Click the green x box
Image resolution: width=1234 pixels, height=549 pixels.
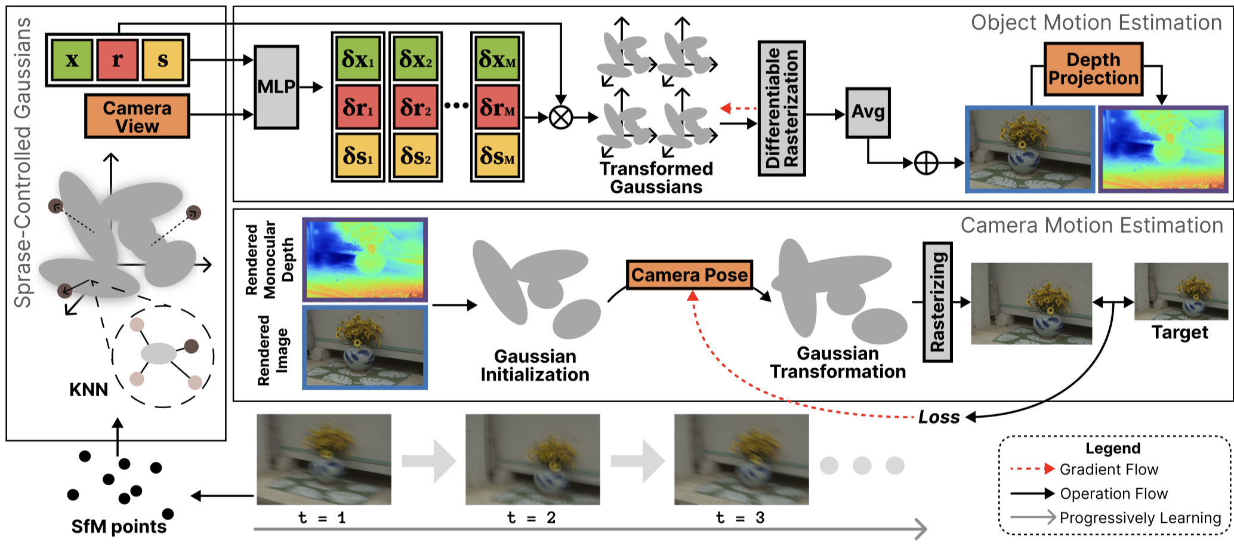pyautogui.click(x=72, y=60)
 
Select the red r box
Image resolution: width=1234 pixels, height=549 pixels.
pyautogui.click(x=118, y=60)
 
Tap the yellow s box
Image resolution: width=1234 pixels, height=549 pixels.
pyautogui.click(x=162, y=60)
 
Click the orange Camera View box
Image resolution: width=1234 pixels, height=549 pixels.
pyautogui.click(x=137, y=116)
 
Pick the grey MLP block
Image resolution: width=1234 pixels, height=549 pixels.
pyautogui.click(x=276, y=87)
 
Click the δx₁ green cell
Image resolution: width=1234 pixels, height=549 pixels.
pyautogui.click(x=358, y=59)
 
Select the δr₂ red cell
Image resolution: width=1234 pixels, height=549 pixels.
pyautogui.click(x=416, y=107)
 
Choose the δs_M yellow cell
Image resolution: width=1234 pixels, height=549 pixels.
pyautogui.click(x=498, y=156)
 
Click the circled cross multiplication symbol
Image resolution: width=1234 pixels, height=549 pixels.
pyautogui.click(x=560, y=118)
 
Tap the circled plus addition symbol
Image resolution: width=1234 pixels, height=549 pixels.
pyautogui.click(x=926, y=163)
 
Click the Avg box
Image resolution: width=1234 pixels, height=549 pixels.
pyautogui.click(x=868, y=113)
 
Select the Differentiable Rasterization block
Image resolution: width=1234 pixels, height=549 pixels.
pyautogui.click(x=782, y=109)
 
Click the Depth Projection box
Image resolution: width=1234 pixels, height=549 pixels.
pyautogui.click(x=1094, y=69)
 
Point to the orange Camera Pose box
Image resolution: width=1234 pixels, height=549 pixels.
pyautogui.click(x=689, y=275)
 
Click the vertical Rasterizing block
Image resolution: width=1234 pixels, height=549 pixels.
pyautogui.click(x=937, y=302)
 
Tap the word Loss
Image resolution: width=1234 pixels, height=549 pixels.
pyautogui.click(x=939, y=417)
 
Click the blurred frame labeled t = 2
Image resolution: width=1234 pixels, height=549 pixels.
pyautogui.click(x=533, y=459)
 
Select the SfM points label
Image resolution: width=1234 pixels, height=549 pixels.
pyautogui.click(x=119, y=527)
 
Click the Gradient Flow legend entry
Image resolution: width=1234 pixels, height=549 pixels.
pyautogui.click(x=1084, y=470)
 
